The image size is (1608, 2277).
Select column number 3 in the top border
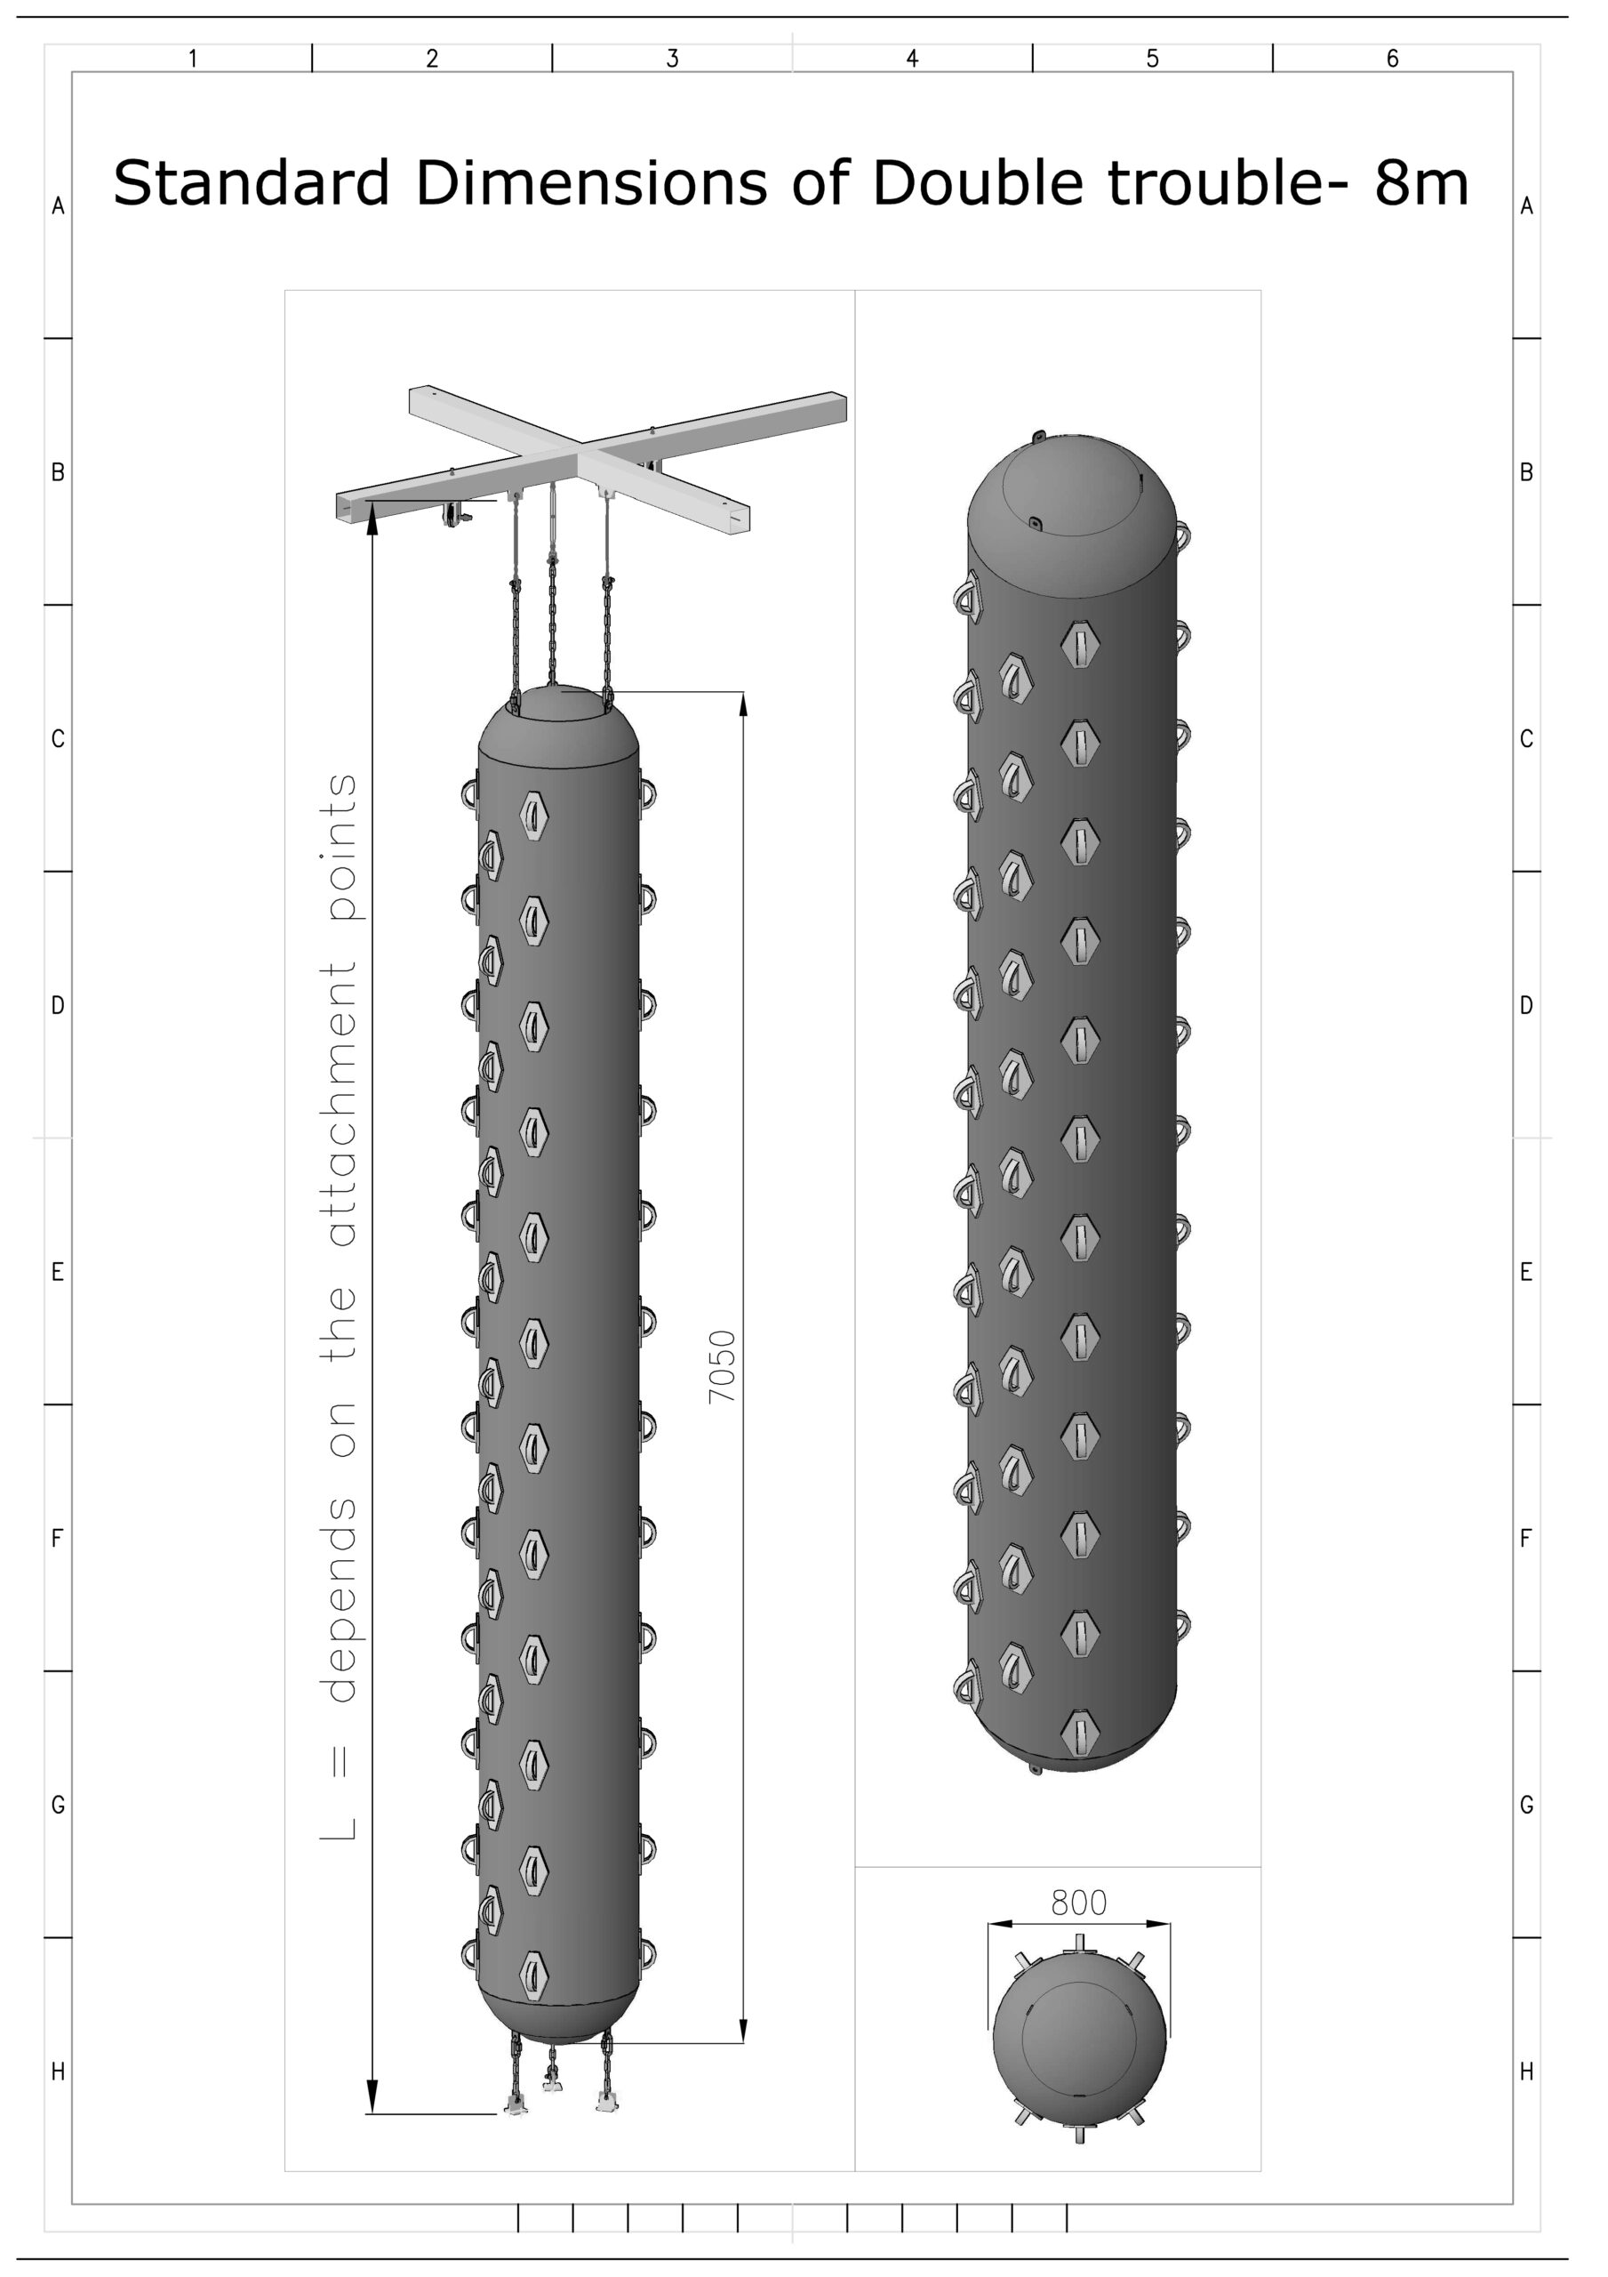(672, 59)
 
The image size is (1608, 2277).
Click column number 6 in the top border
(1392, 59)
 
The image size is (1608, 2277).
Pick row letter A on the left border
(58, 206)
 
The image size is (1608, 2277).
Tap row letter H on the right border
(1527, 2072)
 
